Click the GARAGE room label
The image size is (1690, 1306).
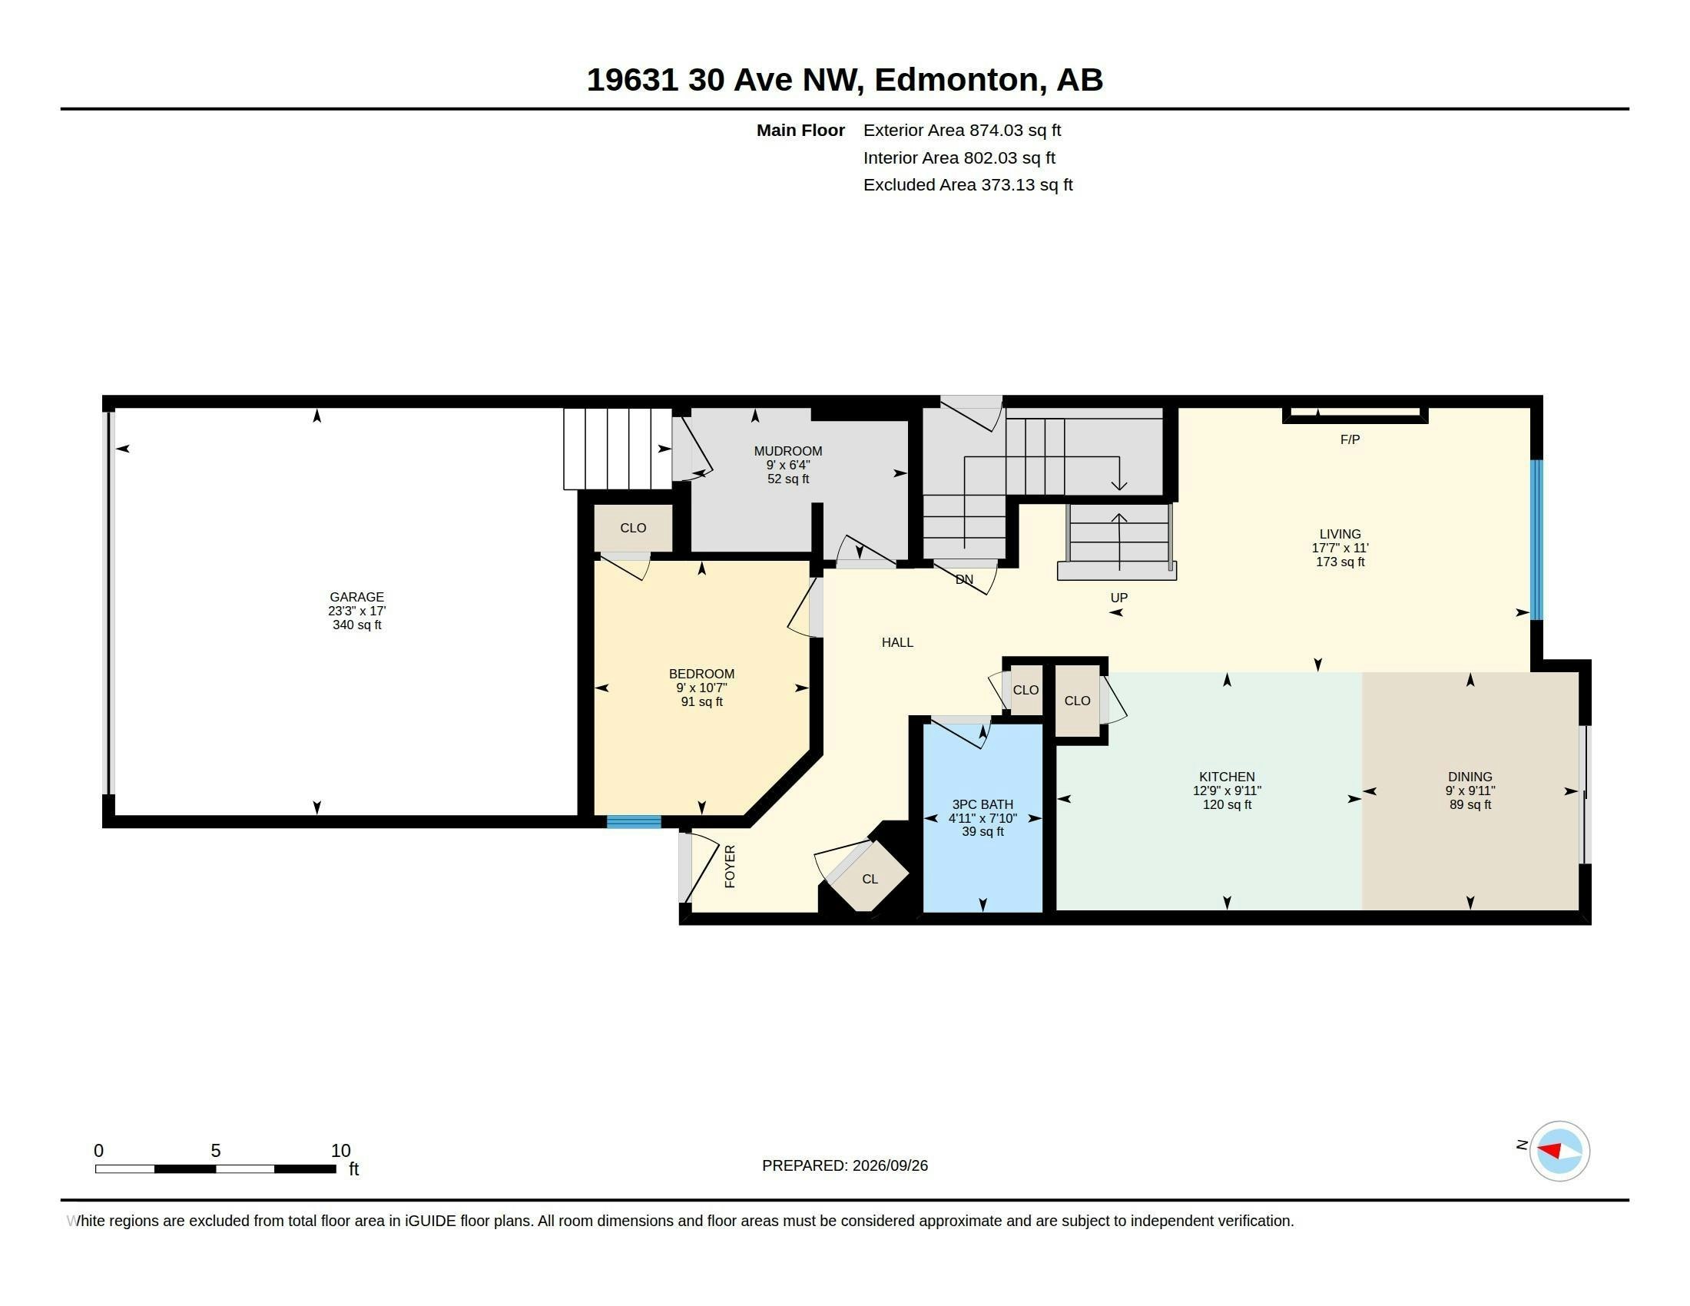pyautogui.click(x=356, y=596)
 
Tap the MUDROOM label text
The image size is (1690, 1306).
pyautogui.click(x=787, y=451)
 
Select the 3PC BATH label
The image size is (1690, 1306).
pyautogui.click(x=983, y=804)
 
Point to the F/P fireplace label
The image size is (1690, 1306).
pyautogui.click(x=1350, y=439)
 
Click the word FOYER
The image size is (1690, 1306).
pyautogui.click(x=730, y=866)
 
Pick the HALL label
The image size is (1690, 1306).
pyautogui.click(x=897, y=642)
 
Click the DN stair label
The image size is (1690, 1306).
pyautogui.click(x=964, y=579)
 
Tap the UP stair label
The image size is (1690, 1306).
pyautogui.click(x=1119, y=597)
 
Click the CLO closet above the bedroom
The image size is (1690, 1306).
pyautogui.click(x=633, y=528)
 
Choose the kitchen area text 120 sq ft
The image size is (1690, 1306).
pyautogui.click(x=1227, y=804)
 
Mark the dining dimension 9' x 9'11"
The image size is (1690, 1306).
pyautogui.click(x=1470, y=791)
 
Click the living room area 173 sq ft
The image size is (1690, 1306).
pyautogui.click(x=1340, y=562)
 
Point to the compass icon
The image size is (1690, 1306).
pyautogui.click(x=1559, y=1151)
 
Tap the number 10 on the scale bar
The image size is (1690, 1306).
pyautogui.click(x=340, y=1151)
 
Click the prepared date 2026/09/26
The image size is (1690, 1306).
pyautogui.click(x=890, y=1165)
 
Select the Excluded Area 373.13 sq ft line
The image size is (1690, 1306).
pyautogui.click(x=968, y=185)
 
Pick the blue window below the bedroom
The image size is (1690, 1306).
pyautogui.click(x=634, y=822)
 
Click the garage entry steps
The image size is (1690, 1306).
pyautogui.click(x=618, y=449)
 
